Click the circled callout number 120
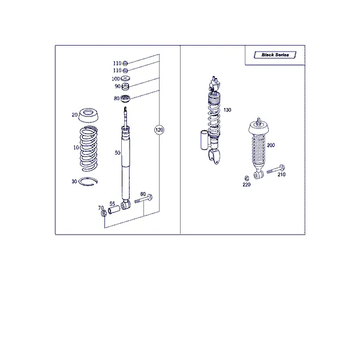pos(159,130)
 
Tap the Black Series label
pos(275,55)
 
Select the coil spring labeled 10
pos(89,149)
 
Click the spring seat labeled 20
pos(88,115)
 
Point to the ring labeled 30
pos(88,182)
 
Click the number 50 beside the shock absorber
pos(118,152)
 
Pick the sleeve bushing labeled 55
pos(114,210)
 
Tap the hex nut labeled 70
pos(104,213)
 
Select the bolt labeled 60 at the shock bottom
pos(144,199)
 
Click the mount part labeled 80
pos(125,99)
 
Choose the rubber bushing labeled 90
pos(125,87)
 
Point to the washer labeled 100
pos(125,79)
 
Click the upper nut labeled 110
pos(125,63)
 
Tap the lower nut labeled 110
pos(125,70)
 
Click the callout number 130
pos(227,110)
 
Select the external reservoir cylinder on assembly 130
pos(204,140)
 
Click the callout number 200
pos(271,145)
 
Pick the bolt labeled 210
pos(276,169)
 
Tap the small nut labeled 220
pos(247,178)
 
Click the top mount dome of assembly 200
pos(259,128)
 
